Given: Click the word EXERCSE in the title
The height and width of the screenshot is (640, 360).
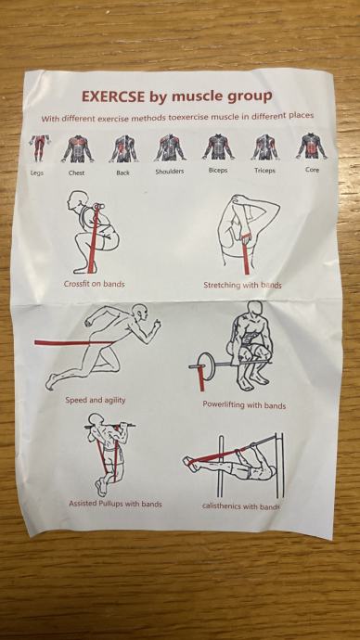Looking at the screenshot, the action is [113, 97].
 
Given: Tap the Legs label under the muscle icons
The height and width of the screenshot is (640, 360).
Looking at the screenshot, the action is [37, 173].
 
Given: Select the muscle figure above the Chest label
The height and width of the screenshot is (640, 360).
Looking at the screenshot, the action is [78, 148].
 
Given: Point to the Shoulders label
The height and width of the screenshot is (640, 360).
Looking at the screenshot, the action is [170, 172].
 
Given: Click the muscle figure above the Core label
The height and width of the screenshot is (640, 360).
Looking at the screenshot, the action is [312, 146].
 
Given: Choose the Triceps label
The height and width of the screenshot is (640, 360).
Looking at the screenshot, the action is [265, 171].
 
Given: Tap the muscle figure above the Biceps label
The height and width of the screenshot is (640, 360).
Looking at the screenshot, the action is [218, 147].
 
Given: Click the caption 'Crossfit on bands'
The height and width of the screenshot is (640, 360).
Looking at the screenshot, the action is [95, 284].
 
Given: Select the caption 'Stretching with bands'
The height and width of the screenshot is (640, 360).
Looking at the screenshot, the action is [242, 285].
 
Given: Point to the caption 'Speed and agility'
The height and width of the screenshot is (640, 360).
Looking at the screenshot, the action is [95, 400].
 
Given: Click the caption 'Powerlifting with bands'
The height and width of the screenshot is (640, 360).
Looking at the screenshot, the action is [244, 405].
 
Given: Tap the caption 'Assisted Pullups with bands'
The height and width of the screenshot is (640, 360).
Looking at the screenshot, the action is [115, 504].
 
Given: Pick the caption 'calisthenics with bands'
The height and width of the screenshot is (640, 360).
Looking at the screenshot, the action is [241, 506].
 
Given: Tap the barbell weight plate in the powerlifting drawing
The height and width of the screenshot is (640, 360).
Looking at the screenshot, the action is [203, 365].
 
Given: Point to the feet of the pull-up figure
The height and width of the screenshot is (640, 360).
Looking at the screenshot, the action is [100, 487].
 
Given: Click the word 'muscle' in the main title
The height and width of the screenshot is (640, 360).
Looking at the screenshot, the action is [197, 96].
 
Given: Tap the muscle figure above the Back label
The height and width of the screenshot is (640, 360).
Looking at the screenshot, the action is [123, 148].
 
